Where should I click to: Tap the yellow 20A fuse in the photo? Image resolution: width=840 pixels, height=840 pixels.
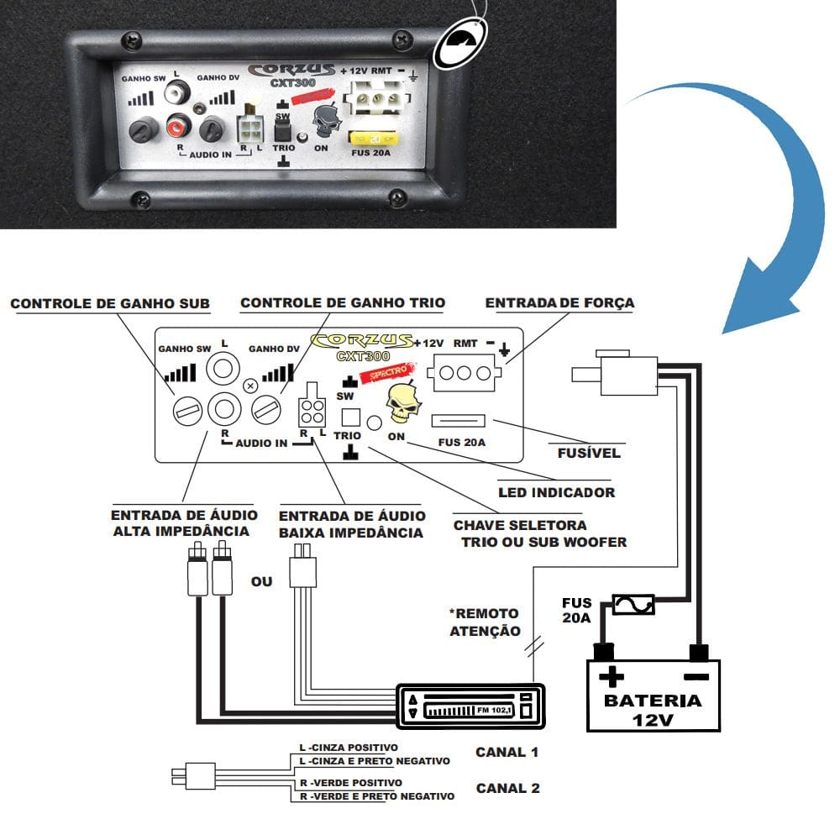point(374,139)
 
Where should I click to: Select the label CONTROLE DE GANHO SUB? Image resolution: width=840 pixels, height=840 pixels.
point(110,303)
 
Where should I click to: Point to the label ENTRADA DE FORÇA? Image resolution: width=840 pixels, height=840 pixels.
point(559,302)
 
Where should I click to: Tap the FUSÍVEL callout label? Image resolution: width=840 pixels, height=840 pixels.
point(589,453)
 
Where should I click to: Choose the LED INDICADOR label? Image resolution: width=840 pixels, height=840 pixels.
point(557,492)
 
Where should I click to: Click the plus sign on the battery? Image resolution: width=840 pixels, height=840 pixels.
point(612,676)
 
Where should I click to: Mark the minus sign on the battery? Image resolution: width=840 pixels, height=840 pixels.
point(696,676)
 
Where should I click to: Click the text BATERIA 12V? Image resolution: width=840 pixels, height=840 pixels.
point(653,709)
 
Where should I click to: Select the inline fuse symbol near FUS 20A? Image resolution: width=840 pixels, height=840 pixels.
point(633,605)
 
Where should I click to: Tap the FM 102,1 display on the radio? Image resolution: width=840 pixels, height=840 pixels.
point(495,710)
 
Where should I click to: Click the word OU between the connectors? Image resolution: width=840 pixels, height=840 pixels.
point(261,581)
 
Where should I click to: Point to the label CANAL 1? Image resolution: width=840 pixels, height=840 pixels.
point(507,752)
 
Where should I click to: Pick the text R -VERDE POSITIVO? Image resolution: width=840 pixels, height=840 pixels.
point(351,783)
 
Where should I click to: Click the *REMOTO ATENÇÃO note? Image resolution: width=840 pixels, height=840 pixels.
point(485,622)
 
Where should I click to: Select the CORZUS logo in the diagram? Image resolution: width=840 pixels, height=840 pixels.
point(362,341)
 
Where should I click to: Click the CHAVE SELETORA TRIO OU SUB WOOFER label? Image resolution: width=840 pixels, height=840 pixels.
point(540,533)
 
